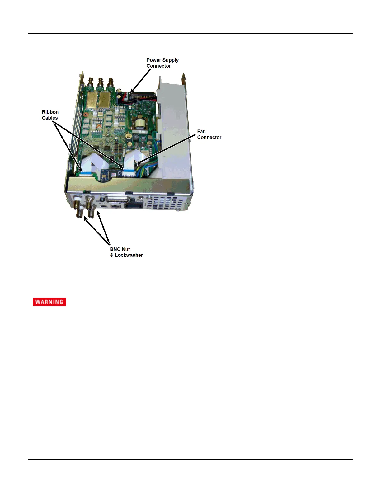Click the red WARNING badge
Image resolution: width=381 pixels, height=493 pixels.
tap(49, 302)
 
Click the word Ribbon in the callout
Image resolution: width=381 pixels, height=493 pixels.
tap(50, 112)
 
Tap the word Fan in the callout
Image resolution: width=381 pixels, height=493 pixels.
tap(201, 132)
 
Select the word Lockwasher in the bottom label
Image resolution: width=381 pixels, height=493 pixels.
tap(129, 255)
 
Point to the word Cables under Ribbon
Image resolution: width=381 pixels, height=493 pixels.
tap(50, 118)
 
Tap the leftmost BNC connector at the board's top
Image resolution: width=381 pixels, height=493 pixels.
tap(91, 83)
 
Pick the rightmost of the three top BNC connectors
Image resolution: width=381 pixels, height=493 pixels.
tap(111, 83)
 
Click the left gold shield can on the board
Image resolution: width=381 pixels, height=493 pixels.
tap(92, 100)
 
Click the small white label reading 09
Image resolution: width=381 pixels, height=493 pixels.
tap(114, 175)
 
